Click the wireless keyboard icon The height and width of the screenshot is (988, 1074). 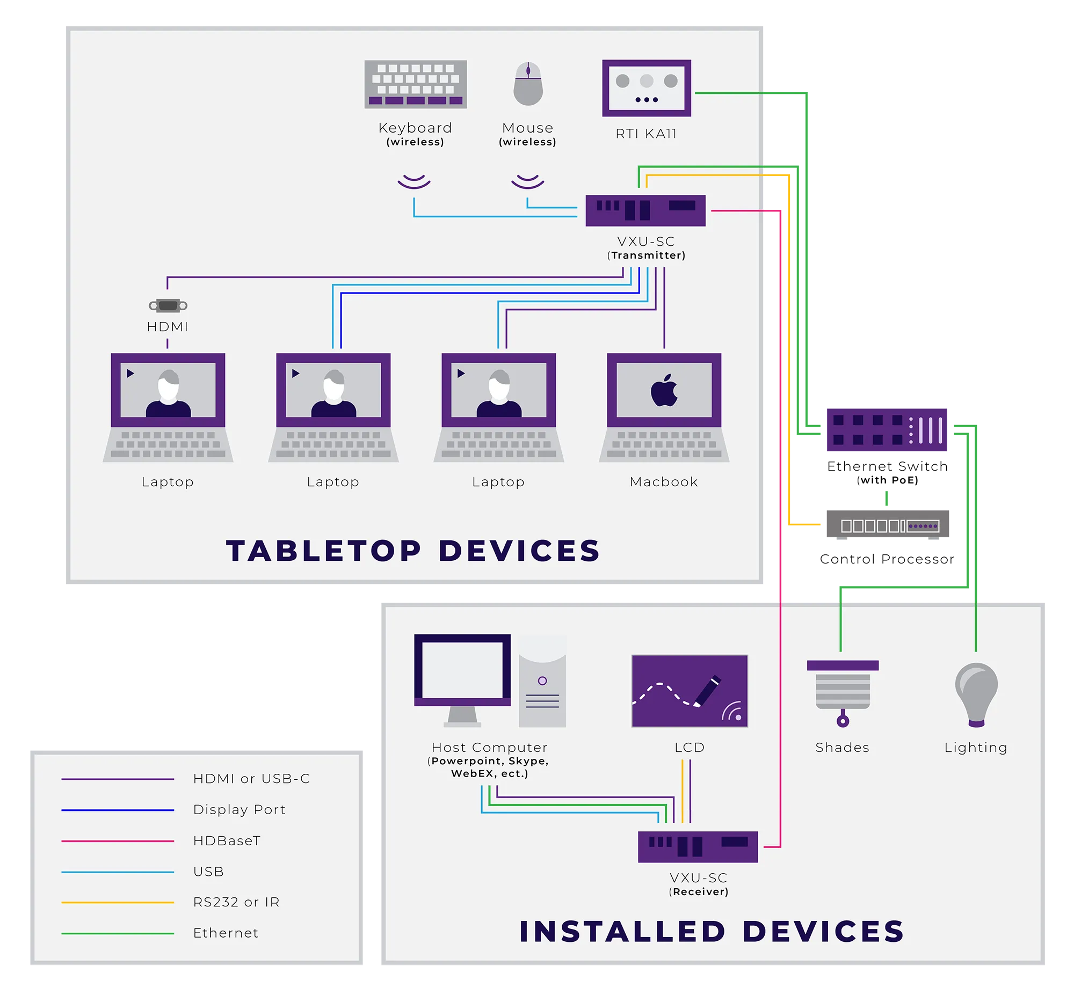[416, 84]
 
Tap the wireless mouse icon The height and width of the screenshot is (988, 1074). [528, 84]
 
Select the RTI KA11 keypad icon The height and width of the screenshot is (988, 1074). [647, 88]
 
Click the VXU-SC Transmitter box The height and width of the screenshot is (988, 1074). [645, 210]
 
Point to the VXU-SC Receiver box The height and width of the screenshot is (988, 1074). [698, 846]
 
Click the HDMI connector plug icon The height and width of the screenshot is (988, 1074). [168, 305]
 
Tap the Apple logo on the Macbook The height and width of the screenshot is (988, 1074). [664, 390]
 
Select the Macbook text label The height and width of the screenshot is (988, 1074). [664, 482]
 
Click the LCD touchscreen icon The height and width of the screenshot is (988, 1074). [690, 691]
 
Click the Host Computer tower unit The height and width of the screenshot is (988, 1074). [542, 682]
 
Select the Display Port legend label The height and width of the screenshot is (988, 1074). [240, 809]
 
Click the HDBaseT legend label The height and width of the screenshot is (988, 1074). [227, 840]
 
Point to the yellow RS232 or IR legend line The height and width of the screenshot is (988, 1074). [118, 903]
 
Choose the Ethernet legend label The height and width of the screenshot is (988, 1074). [226, 933]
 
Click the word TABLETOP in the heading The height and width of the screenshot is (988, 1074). [324, 551]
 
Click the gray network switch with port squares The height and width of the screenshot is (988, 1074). [893, 525]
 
